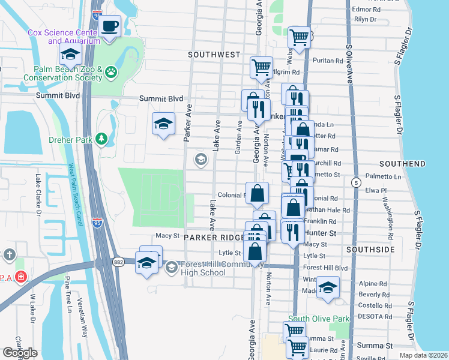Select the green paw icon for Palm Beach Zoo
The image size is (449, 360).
[x=111, y=73]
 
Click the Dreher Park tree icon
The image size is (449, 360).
[x=102, y=139]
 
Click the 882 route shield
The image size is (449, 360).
[x=118, y=261]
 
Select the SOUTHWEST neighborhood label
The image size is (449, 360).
[x=214, y=54]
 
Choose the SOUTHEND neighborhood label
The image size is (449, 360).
[x=402, y=163]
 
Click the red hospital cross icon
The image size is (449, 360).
[x=21, y=277]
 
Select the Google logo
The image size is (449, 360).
[x=20, y=353]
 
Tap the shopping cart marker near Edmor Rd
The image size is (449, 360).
[x=299, y=38]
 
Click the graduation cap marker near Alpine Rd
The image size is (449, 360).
[x=328, y=288]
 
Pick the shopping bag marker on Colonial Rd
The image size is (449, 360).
[x=257, y=194]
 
